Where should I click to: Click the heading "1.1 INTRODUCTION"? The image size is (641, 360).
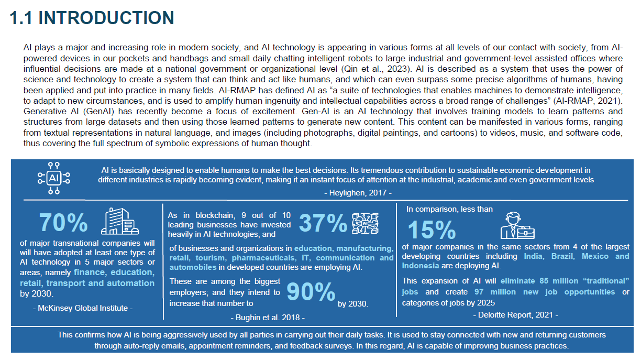[92, 18]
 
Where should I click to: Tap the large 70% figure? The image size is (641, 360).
[63, 223]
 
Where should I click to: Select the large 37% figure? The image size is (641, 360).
[323, 224]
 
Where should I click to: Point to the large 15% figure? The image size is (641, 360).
[431, 230]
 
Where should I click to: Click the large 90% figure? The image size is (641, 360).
[311, 293]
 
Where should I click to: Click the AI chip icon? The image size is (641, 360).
[53, 178]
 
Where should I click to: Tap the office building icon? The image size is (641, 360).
[120, 222]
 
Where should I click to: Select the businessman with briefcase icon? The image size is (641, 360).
[517, 225]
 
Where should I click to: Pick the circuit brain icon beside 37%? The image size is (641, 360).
[365, 224]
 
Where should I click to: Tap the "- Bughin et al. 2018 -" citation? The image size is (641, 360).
[267, 317]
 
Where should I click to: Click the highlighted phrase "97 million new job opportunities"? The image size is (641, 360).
[545, 292]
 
